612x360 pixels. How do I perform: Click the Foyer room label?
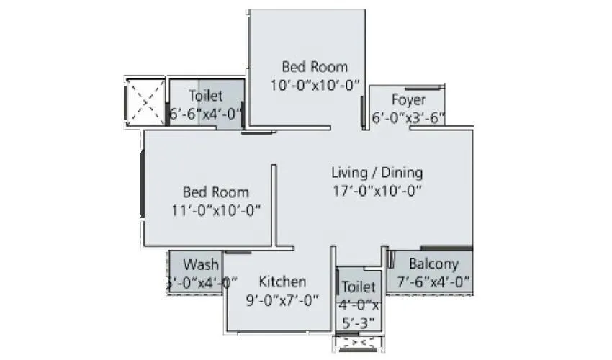(x=408, y=99)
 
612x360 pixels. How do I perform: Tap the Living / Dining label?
(x=377, y=173)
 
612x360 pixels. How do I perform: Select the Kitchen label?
(x=282, y=282)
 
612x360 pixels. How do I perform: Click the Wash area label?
(x=201, y=264)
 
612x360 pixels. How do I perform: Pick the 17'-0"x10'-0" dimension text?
(x=377, y=191)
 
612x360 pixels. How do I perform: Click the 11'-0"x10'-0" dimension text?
(x=215, y=210)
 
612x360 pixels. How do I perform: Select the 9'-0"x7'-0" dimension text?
(x=282, y=300)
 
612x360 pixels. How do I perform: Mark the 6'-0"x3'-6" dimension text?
(x=408, y=118)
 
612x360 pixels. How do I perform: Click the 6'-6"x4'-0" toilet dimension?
(x=206, y=114)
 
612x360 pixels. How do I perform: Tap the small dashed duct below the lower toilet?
(x=358, y=343)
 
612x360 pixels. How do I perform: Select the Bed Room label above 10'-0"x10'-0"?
(x=315, y=67)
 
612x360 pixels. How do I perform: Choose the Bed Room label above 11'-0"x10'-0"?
(x=215, y=192)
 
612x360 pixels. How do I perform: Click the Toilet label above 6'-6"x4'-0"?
(x=206, y=96)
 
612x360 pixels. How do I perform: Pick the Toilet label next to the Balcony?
(x=359, y=287)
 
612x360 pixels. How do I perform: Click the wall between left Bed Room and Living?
(x=274, y=205)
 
